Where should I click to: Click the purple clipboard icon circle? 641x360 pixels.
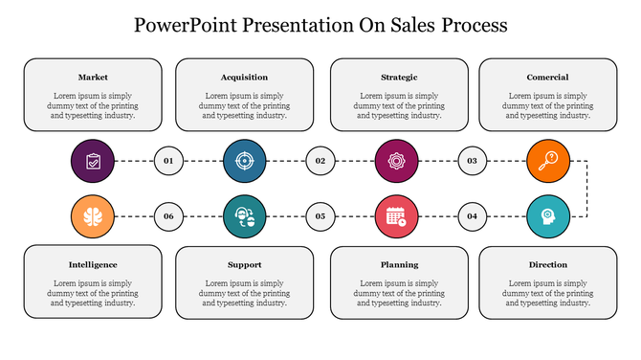pos(93,161)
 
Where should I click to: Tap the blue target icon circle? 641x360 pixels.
pos(244,161)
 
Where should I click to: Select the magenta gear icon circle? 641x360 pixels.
pos(395,161)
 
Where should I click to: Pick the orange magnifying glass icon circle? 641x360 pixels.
pos(547,161)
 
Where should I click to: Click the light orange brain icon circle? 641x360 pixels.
pos(93,216)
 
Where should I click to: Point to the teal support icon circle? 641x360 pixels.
pos(244,216)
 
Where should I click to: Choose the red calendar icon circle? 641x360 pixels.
pos(395,216)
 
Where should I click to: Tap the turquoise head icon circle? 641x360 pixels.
pos(547,216)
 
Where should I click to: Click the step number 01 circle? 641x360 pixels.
pos(168,161)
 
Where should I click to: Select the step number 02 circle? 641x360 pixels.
pos(320,161)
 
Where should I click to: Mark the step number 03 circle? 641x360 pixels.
pos(472,161)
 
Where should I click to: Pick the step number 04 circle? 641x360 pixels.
pos(472,216)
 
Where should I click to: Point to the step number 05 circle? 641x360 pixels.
pos(320,216)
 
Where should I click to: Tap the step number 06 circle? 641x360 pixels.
pos(168,216)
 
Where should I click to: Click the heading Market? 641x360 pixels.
pos(93,77)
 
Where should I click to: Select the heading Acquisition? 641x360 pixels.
pos(244,77)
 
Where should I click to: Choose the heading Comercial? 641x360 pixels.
pos(547,77)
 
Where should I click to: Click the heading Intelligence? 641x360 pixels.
pos(93,264)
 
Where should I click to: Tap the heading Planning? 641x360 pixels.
pos(399,264)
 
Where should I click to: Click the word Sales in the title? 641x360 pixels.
pos(398,25)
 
